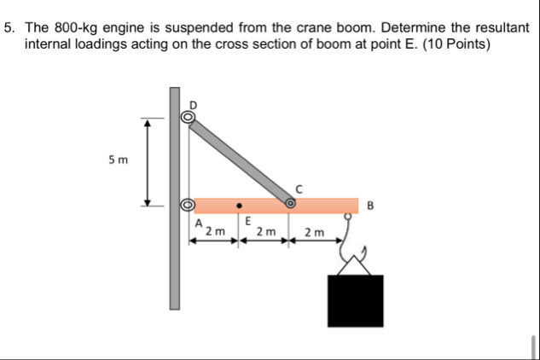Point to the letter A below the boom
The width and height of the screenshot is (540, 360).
198,223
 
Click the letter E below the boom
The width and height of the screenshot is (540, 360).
246,221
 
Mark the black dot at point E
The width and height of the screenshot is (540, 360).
241,206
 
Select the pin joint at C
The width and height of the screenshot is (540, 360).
291,203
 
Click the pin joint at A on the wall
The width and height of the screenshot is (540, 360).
187,206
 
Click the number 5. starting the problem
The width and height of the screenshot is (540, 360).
10,27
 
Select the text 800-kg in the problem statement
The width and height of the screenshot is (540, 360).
79,27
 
